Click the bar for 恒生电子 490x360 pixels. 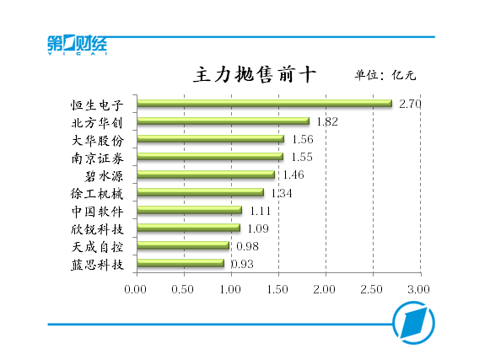(x=264, y=104)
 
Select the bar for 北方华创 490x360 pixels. (x=223, y=121)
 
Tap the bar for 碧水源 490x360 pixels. (x=206, y=175)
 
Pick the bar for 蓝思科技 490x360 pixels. (x=180, y=263)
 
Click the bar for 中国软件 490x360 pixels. (x=189, y=210)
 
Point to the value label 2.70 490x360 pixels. (x=409, y=104)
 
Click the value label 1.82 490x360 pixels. (x=326, y=121)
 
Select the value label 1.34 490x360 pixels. (x=281, y=192)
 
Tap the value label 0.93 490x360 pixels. (x=242, y=264)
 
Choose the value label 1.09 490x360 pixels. (x=257, y=228)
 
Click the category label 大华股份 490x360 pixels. (x=98, y=140)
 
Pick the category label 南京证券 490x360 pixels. (x=98, y=158)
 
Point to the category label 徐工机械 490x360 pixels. (x=98, y=193)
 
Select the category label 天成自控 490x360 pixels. (x=98, y=246)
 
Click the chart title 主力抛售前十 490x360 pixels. (x=254, y=74)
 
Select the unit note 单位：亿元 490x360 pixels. (x=385, y=75)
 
